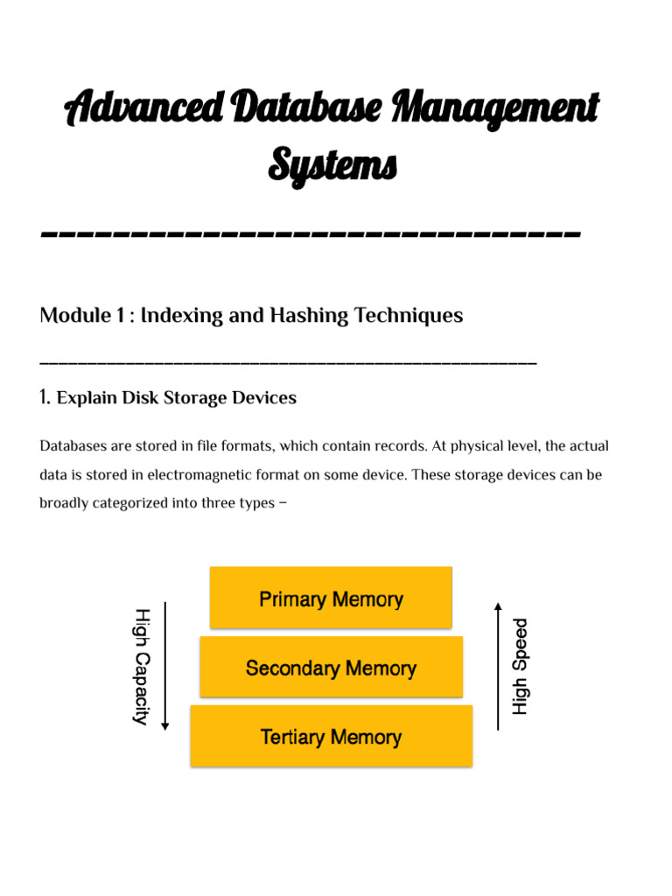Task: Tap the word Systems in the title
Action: click(x=332, y=164)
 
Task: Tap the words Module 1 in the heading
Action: click(x=81, y=316)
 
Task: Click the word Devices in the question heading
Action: click(x=263, y=398)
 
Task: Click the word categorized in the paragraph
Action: click(x=142, y=504)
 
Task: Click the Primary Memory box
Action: click(x=331, y=598)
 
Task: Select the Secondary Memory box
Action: click(x=331, y=668)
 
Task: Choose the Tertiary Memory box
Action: click(x=331, y=737)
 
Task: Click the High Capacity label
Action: click(x=142, y=666)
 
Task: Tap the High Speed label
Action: click(x=521, y=666)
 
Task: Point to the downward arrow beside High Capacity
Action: click(x=165, y=666)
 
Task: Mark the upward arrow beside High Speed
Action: click(x=498, y=666)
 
